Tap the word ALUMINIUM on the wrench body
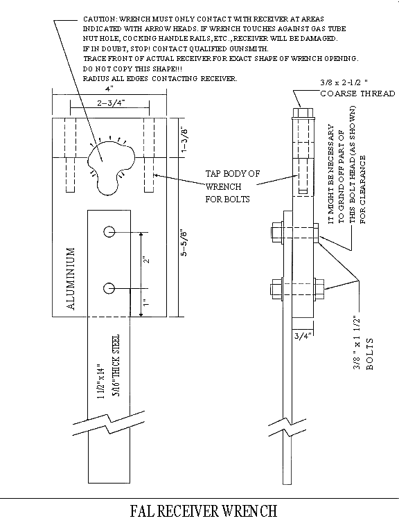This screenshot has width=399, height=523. tap(75, 276)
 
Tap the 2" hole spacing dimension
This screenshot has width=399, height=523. tap(146, 258)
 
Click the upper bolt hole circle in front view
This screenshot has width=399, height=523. tap(109, 231)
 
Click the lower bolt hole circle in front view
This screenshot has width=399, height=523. tap(109, 287)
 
